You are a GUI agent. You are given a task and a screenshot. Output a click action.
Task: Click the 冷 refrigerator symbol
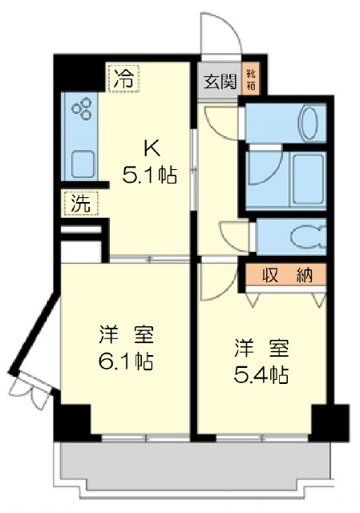(x=123, y=78)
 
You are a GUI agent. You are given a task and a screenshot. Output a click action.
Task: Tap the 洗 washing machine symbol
(x=81, y=203)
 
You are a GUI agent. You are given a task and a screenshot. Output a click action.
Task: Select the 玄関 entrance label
(x=220, y=81)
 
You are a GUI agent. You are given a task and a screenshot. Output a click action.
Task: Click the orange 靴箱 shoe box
(x=251, y=79)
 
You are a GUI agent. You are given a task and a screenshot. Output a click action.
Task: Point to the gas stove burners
(x=82, y=107)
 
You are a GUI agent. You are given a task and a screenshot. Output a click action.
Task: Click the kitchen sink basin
(x=83, y=164)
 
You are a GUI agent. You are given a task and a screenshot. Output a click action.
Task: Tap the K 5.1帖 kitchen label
(x=150, y=162)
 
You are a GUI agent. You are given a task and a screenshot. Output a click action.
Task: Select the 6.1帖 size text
(x=126, y=361)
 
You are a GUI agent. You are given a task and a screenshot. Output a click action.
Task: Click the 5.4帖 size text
(x=261, y=374)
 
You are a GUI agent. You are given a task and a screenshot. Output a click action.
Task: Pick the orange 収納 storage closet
(x=287, y=274)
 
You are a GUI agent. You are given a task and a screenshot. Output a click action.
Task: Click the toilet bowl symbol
(x=308, y=236)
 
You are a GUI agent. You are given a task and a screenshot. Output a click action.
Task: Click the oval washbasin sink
(x=309, y=123)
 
